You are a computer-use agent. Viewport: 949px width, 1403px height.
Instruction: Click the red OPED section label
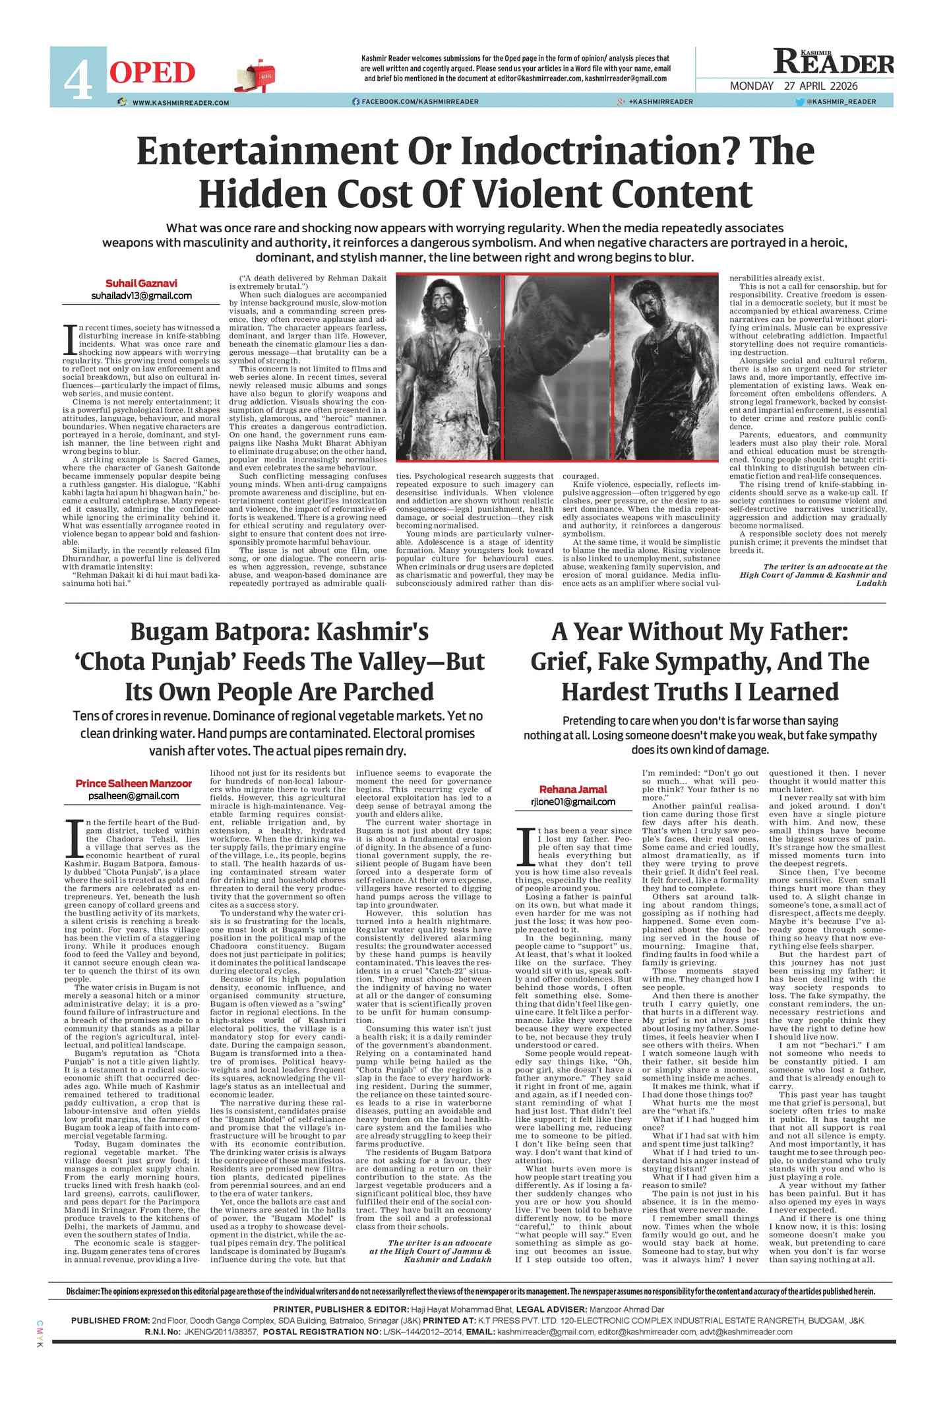[x=152, y=73]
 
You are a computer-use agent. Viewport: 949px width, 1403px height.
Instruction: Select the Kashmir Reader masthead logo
[x=834, y=63]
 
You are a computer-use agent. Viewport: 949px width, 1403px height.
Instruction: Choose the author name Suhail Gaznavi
[x=141, y=283]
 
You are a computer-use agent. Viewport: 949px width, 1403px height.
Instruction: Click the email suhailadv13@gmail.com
[x=141, y=296]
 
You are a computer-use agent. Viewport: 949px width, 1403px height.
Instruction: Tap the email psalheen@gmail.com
[x=133, y=795]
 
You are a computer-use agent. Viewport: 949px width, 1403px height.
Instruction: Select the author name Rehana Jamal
[x=573, y=789]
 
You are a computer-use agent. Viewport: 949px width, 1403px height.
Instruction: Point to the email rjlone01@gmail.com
[x=573, y=802]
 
